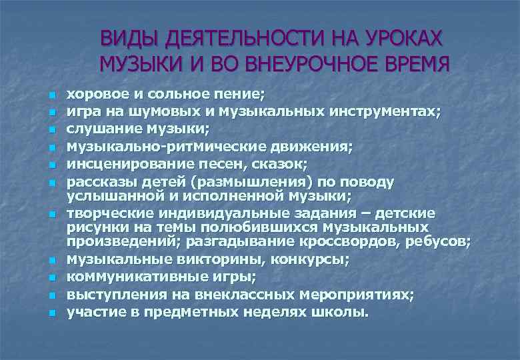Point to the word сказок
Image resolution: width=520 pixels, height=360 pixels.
tap(249, 163)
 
